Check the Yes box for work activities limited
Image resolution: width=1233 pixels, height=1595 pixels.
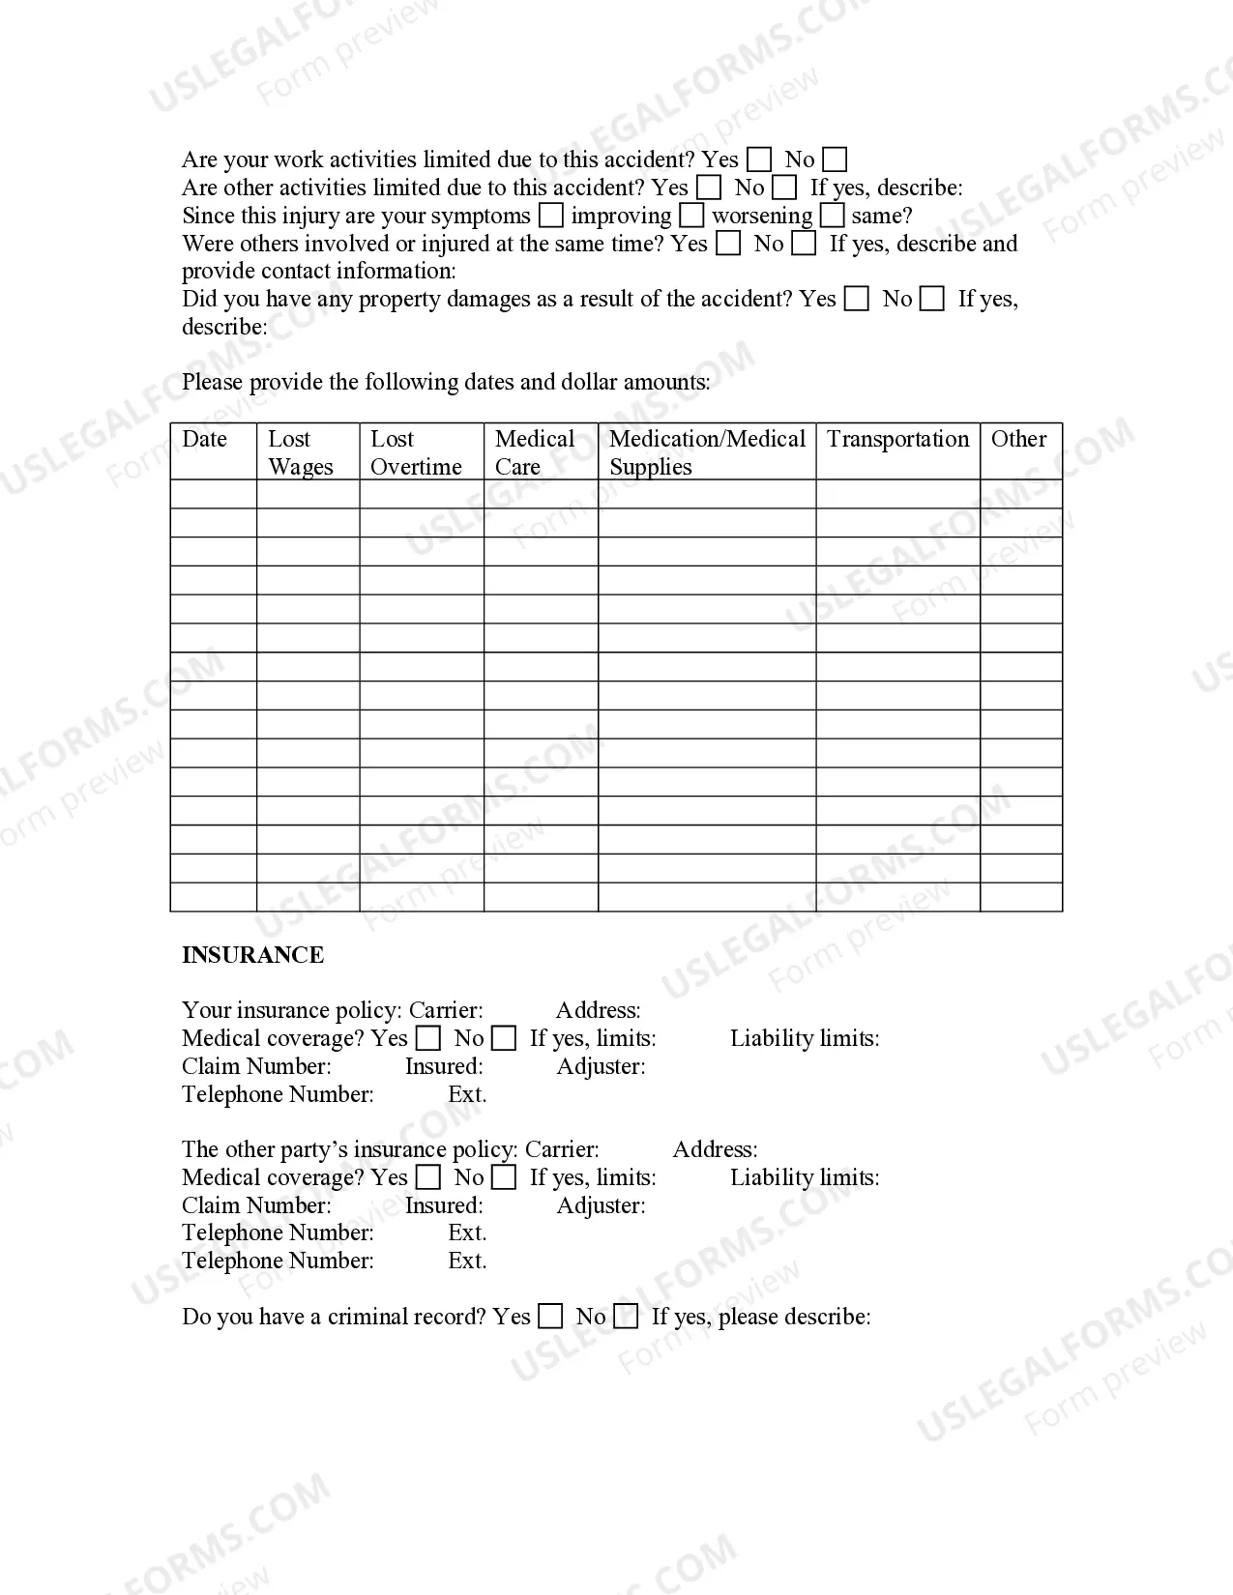coord(760,159)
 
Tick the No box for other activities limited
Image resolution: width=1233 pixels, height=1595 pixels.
coord(785,188)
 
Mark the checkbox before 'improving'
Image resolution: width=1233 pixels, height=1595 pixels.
coord(550,216)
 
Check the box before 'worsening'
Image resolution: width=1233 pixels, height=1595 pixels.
coord(691,216)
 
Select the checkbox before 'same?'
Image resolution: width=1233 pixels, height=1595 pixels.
coord(832,216)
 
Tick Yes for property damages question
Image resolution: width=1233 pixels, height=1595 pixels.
coord(856,299)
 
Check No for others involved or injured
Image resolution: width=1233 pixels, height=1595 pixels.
coord(804,244)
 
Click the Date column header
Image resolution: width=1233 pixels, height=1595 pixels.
coord(205,439)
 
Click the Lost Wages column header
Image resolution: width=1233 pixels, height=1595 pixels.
coord(300,452)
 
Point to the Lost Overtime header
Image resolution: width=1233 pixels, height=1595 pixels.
coord(416,452)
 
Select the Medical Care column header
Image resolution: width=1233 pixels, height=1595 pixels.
coord(534,452)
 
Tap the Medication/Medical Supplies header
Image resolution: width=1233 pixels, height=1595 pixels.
coord(706,452)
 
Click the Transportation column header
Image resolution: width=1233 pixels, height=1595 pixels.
coord(897,439)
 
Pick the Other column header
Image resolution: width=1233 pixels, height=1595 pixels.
coord(1018,439)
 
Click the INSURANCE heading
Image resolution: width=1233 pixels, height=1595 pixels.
coord(252,955)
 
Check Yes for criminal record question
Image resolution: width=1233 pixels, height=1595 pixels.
coord(550,1317)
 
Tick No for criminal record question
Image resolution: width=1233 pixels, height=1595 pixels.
coord(627,1317)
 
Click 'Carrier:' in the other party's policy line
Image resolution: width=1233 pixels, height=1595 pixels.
coord(562,1149)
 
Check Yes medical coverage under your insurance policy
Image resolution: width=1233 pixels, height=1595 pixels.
coord(427,1038)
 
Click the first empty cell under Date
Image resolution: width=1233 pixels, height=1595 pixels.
coord(213,494)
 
